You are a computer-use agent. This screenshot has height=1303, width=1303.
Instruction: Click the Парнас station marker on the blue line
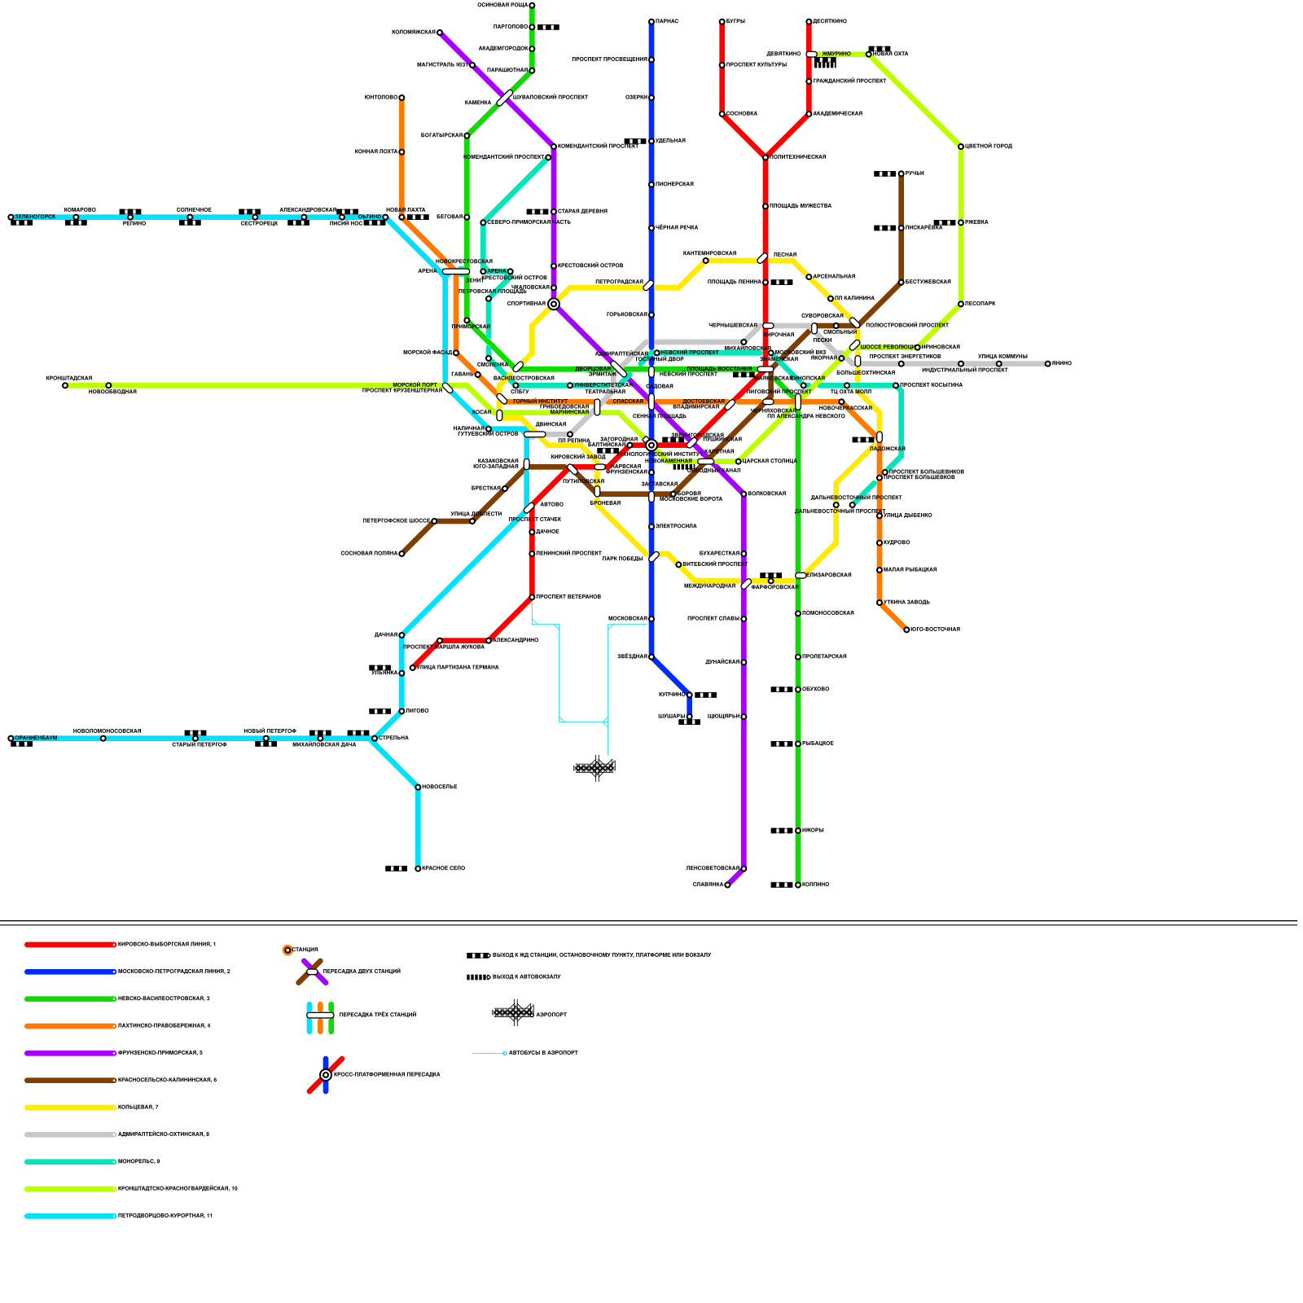[x=651, y=21]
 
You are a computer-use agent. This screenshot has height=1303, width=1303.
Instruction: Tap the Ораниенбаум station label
[x=36, y=738]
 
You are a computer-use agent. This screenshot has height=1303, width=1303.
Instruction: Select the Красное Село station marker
[x=418, y=869]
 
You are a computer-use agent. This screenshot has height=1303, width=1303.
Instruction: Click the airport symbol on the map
[x=595, y=767]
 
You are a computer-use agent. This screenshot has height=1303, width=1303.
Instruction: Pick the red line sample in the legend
[x=70, y=945]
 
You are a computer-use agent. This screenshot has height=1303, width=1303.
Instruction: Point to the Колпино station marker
[x=798, y=884]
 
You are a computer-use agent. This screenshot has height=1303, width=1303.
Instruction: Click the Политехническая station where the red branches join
[x=766, y=157]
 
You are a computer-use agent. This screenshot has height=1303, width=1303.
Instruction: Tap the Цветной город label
[x=989, y=147]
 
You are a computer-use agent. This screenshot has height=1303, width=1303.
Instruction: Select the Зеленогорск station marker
[x=11, y=217]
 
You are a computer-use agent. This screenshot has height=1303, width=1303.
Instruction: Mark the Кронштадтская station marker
[x=65, y=385]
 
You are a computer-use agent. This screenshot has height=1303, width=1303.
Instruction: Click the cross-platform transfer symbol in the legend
[x=326, y=1075]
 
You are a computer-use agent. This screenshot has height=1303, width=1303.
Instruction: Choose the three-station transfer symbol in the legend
[x=320, y=1016]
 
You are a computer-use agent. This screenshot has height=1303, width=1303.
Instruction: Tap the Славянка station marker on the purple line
[x=727, y=884]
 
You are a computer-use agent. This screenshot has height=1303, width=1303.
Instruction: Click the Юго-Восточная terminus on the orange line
[x=906, y=630]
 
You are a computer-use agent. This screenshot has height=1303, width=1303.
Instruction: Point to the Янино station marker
[x=1048, y=364]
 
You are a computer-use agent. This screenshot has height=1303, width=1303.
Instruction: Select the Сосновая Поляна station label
[x=368, y=554]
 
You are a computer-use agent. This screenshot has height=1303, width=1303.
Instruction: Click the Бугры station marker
[x=722, y=21]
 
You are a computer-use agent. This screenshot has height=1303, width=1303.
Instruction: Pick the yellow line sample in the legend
[x=70, y=1108]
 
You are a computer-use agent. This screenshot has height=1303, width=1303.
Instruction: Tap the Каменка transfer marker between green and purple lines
[x=505, y=98]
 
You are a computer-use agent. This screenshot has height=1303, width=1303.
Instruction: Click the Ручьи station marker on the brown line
[x=902, y=173]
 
